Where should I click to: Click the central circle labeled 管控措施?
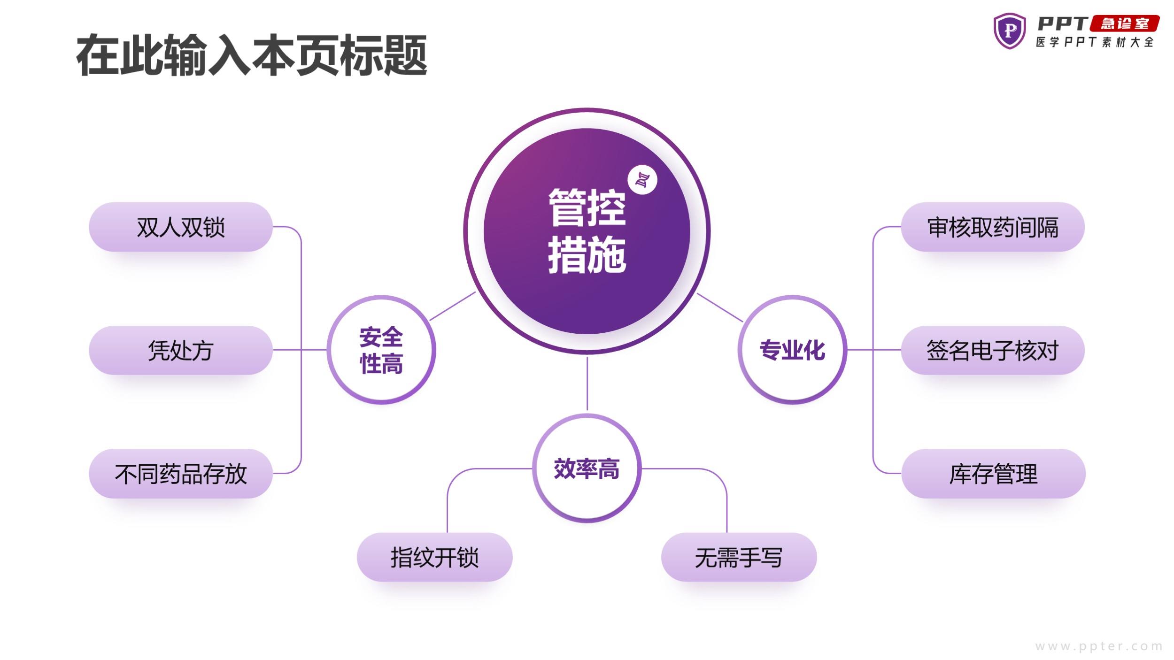coord(587,231)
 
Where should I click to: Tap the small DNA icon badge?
coord(642,180)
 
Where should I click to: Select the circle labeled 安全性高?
coord(381,350)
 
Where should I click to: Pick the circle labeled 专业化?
coord(792,350)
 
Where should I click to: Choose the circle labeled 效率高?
coord(587,468)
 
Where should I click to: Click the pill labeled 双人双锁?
coord(181,227)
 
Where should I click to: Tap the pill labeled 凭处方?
coord(181,350)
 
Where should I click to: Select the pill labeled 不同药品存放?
coord(181,474)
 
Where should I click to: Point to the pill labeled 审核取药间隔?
coord(993,227)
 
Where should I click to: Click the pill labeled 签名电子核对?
coord(993,350)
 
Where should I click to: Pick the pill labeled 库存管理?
coord(993,474)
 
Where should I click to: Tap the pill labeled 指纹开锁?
coord(434,557)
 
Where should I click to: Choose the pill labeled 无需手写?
coord(739,557)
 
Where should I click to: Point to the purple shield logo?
coord(1010,31)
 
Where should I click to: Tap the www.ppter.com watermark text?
coord(1099,646)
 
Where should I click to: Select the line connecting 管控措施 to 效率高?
coord(587,384)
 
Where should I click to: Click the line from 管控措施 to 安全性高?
coord(453,306)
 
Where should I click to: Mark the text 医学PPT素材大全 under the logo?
coord(1095,42)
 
